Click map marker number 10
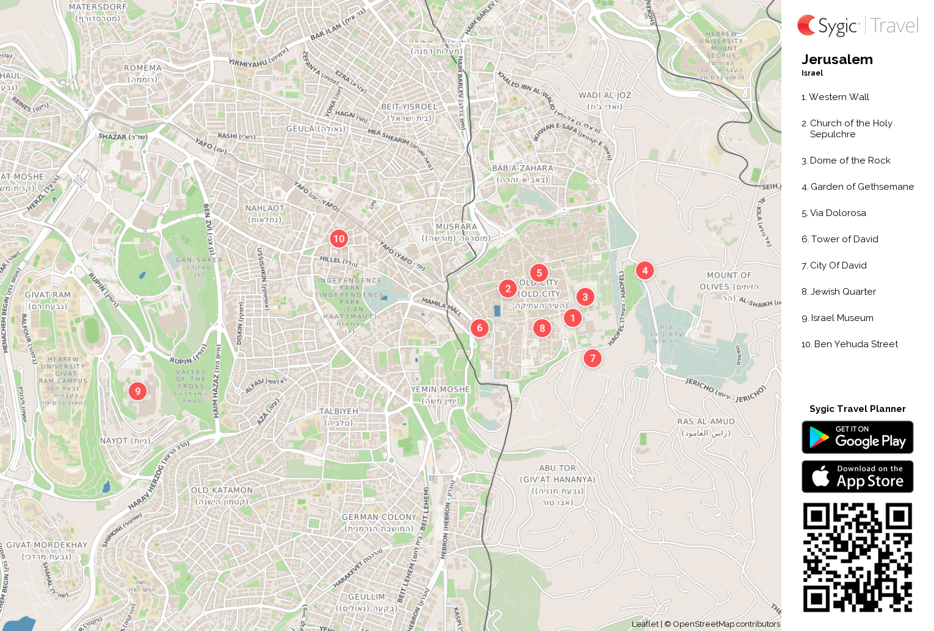[339, 239]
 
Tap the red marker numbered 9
[137, 391]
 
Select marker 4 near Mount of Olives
[645, 270]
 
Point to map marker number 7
[592, 358]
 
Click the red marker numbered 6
[479, 328]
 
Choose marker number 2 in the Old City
[507, 289]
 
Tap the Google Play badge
[857, 438]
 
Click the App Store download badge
[857, 477]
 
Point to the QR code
[857, 557]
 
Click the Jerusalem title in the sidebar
[837, 60]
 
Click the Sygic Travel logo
[858, 26]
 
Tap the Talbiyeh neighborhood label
[339, 411]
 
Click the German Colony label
[378, 517]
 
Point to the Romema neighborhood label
[143, 68]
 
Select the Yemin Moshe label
[440, 389]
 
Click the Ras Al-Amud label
[706, 422]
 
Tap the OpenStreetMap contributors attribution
[726, 624]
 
